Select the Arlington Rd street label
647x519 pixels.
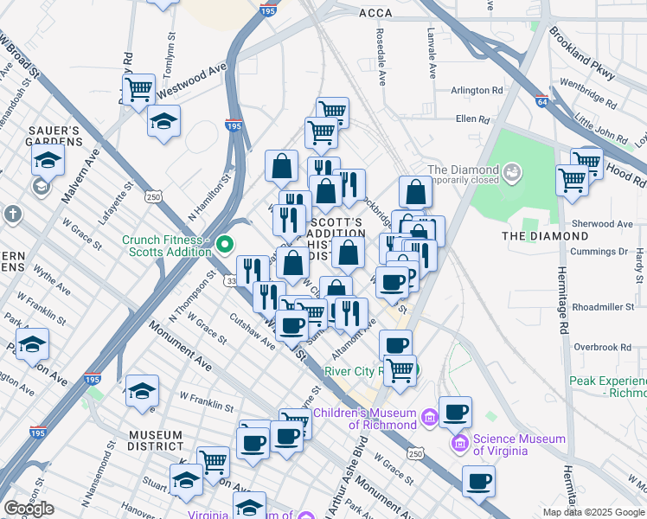click(x=477, y=90)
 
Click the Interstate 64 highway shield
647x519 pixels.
click(x=542, y=101)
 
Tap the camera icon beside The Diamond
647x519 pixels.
click(x=514, y=174)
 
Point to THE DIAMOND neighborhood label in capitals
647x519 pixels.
click(x=546, y=235)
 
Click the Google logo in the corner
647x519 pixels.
click(x=29, y=509)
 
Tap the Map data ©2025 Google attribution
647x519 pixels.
click(x=593, y=512)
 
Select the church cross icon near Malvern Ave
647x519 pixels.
click(x=12, y=213)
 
